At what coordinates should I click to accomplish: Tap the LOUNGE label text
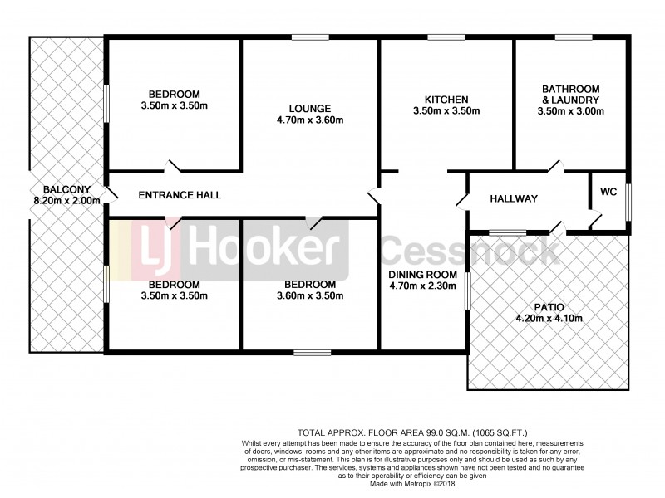310,108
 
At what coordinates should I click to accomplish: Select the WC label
608,192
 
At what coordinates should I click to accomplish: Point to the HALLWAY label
514,199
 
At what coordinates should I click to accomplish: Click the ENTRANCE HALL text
180,195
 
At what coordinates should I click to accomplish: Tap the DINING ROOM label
423,275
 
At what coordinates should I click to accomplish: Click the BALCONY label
66,189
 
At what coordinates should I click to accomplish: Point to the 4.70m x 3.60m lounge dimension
310,120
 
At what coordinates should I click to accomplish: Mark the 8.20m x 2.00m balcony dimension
66,200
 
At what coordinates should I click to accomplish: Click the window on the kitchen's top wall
446,37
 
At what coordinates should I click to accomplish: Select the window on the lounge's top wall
310,37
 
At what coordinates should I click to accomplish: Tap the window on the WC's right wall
628,202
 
